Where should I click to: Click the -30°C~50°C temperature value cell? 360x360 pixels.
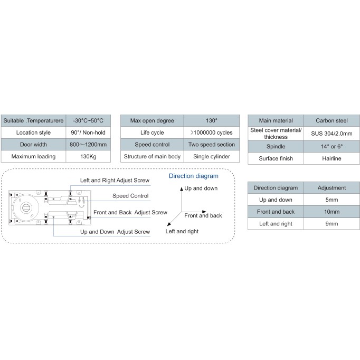[x=88, y=120]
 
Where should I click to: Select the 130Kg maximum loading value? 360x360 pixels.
[x=88, y=156]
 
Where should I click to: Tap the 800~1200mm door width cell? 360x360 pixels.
[x=88, y=145]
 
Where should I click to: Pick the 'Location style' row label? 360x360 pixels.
[x=34, y=132]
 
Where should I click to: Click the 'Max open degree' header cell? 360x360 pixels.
[x=152, y=120]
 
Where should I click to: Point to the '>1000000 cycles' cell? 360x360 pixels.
[x=212, y=132]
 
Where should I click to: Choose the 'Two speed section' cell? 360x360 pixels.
[x=212, y=145]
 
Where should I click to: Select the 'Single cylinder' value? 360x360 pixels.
[x=212, y=156]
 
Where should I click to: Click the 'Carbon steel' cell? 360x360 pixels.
[x=331, y=120]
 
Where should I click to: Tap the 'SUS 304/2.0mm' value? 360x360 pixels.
[x=331, y=134]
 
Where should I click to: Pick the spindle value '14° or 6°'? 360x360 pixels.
[x=331, y=146]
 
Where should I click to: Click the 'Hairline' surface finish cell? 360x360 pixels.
[x=331, y=158]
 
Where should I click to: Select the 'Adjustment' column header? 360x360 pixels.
[x=331, y=188]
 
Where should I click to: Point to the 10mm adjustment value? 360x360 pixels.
[x=331, y=212]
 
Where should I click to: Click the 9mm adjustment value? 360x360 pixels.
[x=331, y=224]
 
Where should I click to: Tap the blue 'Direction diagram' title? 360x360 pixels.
[x=194, y=176]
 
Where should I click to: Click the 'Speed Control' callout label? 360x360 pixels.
[x=130, y=196]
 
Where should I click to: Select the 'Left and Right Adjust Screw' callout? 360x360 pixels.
[x=115, y=180]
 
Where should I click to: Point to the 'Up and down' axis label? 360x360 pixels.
[x=201, y=188]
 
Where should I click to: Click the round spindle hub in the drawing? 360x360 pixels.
[x=25, y=208]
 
